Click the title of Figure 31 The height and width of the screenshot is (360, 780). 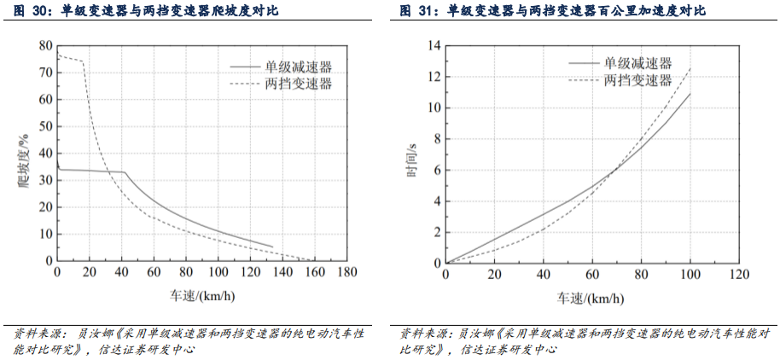[555, 12]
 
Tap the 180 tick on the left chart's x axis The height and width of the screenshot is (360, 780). [347, 272]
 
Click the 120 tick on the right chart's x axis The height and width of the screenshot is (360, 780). [738, 274]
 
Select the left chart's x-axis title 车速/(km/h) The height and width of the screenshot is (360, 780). [201, 298]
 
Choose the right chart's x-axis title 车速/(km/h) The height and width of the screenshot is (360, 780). [591, 298]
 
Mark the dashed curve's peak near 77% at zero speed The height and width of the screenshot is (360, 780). [58, 55]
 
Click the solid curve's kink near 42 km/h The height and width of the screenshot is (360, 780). [125, 172]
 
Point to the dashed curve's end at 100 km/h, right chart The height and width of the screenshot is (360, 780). [690, 68]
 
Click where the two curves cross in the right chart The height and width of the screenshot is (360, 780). [612, 173]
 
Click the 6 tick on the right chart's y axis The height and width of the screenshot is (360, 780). [435, 170]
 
